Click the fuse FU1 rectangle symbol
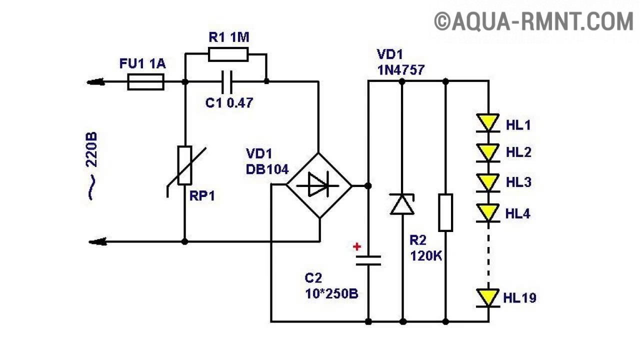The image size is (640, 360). pos(145,82)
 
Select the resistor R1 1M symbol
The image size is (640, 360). pos(228,54)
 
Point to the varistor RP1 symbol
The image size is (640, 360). pos(184,165)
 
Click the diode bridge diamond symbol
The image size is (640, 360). pos(318,185)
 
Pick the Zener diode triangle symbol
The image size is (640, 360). pos(402,204)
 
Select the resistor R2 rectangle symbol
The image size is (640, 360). pos(445,212)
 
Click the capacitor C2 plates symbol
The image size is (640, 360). pos(368,260)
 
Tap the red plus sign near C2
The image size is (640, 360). pos(357,246)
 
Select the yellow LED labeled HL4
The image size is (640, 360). pos(488,212)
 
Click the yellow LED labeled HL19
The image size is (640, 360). pos(488,297)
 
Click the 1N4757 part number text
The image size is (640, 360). pos(401,69)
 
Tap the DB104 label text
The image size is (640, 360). pos(267,169)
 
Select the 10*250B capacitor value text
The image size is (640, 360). pos(331,293)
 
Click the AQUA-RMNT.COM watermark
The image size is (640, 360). pos(533,22)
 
